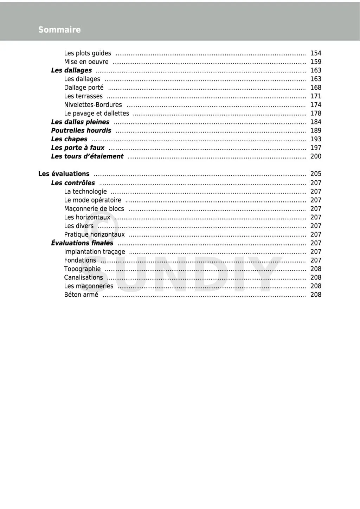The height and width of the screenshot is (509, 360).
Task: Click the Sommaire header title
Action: pos(59,30)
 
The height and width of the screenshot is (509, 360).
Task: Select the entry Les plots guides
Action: pos(88,53)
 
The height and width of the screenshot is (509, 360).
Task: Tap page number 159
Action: pos(316,62)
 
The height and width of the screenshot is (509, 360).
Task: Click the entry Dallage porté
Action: pos(84,88)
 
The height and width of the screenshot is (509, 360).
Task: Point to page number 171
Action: pos(316,96)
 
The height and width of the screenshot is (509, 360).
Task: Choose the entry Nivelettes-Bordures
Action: pos(93,105)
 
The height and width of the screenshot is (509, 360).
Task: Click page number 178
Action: pos(316,113)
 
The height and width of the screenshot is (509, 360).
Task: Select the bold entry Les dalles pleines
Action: pos(80,122)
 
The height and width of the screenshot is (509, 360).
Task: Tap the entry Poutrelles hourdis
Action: pos(81,130)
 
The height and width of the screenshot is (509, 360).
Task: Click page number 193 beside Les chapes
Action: pos(316,139)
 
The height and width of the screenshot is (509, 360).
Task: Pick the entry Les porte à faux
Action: pos(78,148)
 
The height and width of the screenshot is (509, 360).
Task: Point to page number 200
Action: pos(316,156)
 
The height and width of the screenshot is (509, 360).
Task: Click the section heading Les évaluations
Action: pos(64,174)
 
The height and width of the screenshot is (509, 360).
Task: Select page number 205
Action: pos(316,174)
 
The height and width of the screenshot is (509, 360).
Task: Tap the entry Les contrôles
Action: pos(73,183)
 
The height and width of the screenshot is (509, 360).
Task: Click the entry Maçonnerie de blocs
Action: pos(94,209)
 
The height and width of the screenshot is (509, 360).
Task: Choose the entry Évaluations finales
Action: pos(82,243)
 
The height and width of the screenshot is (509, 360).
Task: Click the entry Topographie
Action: pos(82,269)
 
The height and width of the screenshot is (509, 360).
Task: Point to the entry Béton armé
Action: pos(81,295)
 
